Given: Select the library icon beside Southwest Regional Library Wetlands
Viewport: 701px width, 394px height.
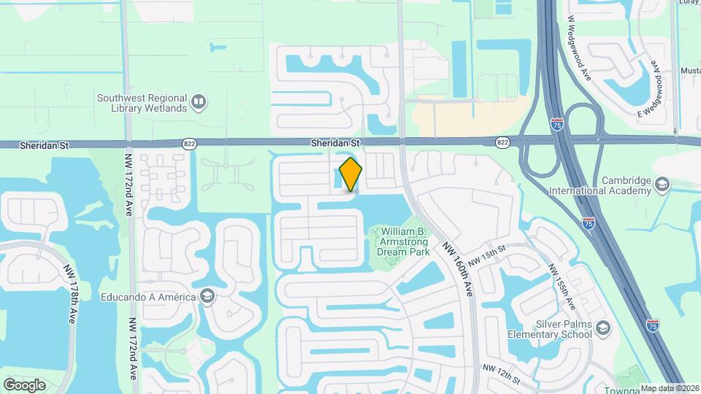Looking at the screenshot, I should point(198,103).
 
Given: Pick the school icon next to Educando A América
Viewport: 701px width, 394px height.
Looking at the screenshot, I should point(207,296).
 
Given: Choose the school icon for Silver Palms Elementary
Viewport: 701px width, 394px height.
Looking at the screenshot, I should point(602,328).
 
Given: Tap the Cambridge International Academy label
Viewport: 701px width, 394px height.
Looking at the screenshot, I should point(626,185).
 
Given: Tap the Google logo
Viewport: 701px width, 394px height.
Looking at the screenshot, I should point(24,385).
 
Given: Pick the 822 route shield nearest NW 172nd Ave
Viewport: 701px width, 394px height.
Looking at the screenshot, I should point(190,144).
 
